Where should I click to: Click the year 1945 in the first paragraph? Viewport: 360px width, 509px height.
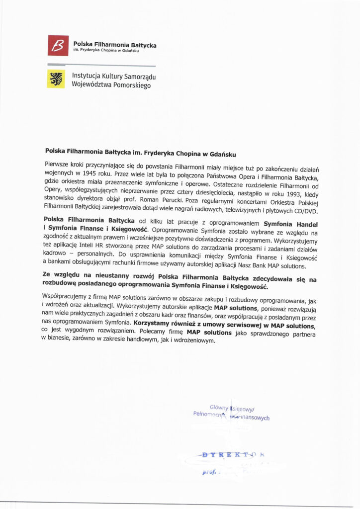pos(90,174)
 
